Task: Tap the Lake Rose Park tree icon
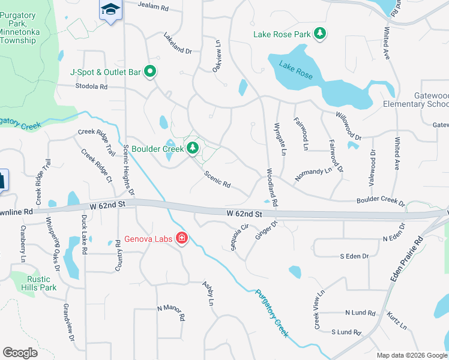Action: (321, 34)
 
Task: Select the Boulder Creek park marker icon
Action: (192, 148)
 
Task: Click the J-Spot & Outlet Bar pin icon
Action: (151, 72)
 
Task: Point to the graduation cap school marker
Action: (110, 9)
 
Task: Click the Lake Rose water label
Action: (296, 69)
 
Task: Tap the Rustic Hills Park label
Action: (41, 283)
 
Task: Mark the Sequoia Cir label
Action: (240, 237)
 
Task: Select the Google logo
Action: (20, 352)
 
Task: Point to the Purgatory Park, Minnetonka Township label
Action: (25, 27)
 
